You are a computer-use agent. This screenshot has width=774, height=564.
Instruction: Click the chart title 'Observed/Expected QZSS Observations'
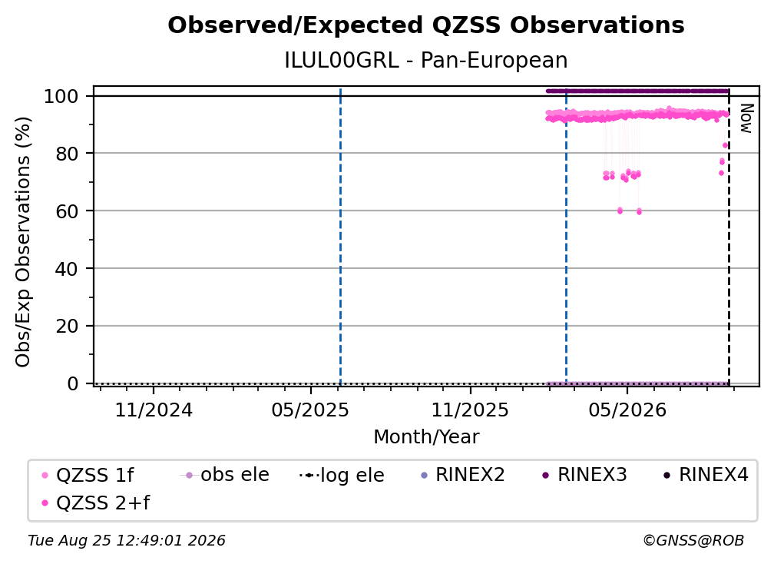click(x=426, y=25)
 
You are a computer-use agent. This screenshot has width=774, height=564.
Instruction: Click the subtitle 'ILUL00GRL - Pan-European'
click(x=426, y=60)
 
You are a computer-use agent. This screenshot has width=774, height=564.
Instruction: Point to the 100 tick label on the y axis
click(x=61, y=96)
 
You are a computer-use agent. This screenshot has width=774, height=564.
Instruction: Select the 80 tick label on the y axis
click(x=67, y=154)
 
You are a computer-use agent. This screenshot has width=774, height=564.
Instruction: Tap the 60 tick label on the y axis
click(x=67, y=211)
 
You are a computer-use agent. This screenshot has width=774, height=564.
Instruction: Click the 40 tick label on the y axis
click(x=67, y=269)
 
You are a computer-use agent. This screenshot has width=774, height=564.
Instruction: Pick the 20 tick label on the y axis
click(x=67, y=327)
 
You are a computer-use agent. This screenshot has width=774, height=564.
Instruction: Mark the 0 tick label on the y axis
click(x=73, y=383)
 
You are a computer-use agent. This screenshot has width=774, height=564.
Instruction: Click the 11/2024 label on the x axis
click(x=154, y=410)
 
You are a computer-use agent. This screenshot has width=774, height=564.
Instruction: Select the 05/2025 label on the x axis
click(x=310, y=410)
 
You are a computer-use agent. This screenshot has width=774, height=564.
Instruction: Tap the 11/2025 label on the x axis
click(x=470, y=410)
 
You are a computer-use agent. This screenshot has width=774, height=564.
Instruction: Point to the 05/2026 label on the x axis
click(x=627, y=410)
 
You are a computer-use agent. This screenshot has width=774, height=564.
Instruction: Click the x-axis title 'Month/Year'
click(x=426, y=437)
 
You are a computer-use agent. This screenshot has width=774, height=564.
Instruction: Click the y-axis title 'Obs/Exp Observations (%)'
click(x=23, y=242)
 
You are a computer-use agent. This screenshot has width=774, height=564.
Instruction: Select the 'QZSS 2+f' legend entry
click(x=96, y=503)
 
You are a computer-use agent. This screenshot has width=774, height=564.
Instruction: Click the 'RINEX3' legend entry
click(x=585, y=475)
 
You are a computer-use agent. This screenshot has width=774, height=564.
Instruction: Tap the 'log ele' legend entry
click(x=342, y=475)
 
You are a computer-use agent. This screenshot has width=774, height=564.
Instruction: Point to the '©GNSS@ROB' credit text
click(x=693, y=541)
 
